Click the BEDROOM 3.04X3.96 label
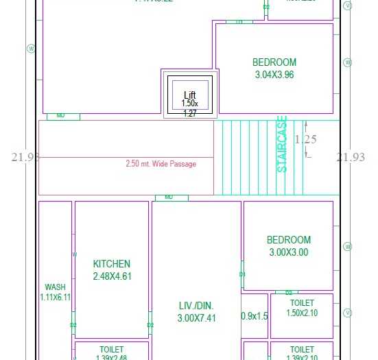pyautogui.click(x=274, y=69)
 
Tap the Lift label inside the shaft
pyautogui.click(x=190, y=95)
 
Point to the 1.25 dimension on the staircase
pyautogui.click(x=305, y=139)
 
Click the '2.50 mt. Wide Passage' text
pyautogui.click(x=161, y=164)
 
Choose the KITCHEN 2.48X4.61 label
pyautogui.click(x=111, y=270)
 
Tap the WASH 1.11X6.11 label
pyautogui.click(x=55, y=292)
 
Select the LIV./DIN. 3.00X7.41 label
pyautogui.click(x=196, y=312)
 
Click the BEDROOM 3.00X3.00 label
pyautogui.click(x=288, y=246)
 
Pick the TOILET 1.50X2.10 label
pyautogui.click(x=302, y=308)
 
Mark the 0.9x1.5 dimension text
pyautogui.click(x=255, y=316)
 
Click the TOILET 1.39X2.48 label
pyautogui.click(x=111, y=353)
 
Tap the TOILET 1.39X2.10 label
pyautogui.click(x=302, y=353)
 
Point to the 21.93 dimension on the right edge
pyautogui.click(x=351, y=157)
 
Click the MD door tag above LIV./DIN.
pyautogui.click(x=169, y=197)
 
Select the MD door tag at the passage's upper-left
pyautogui.click(x=61, y=116)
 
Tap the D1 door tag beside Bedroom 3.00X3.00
pyautogui.click(x=242, y=274)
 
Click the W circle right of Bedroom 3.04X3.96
pyautogui.click(x=348, y=62)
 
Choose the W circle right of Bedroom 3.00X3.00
pyautogui.click(x=348, y=246)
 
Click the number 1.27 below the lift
pyautogui.click(x=190, y=114)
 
